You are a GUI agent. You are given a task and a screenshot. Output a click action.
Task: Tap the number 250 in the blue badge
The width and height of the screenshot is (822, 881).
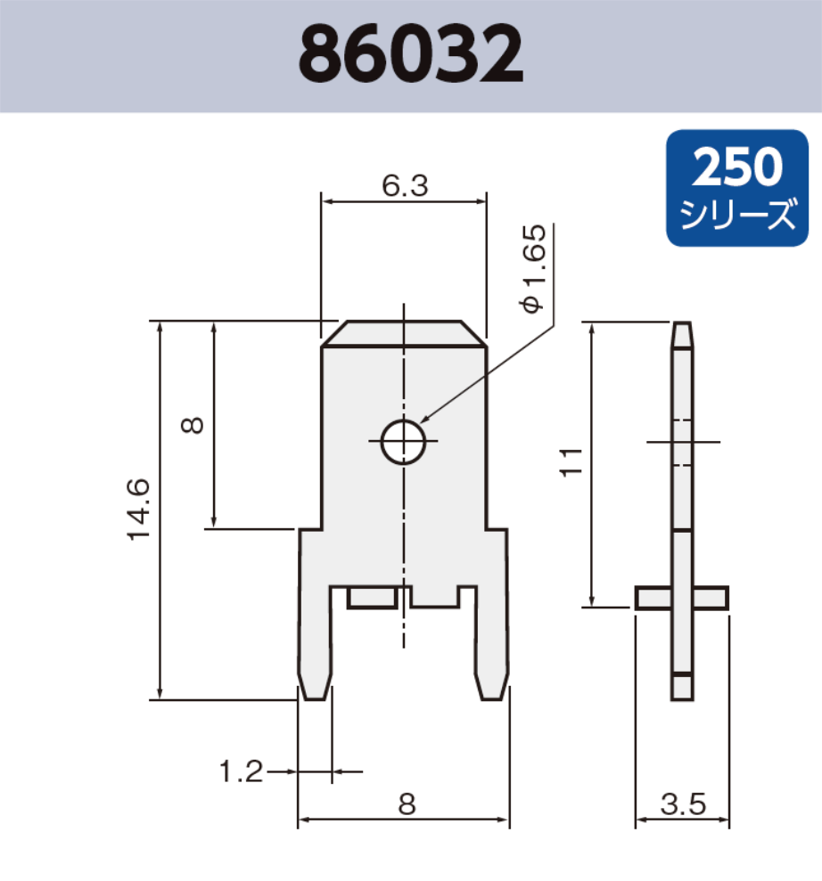coord(737,168)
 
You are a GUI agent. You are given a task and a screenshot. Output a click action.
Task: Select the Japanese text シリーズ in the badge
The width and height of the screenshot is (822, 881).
coord(737,215)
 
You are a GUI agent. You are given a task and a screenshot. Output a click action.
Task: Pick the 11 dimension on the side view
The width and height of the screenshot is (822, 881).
coord(571,461)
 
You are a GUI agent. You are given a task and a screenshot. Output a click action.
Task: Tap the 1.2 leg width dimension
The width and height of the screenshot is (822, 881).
coord(242,771)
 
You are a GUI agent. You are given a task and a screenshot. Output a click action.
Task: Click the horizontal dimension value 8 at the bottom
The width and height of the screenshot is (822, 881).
coord(407,804)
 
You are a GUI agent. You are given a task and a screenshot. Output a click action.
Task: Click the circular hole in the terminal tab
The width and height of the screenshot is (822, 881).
coord(404,441)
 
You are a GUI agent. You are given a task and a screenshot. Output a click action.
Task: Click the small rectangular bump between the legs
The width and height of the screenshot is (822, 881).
coord(372,597)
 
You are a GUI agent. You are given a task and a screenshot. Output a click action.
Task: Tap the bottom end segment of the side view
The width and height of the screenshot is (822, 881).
coord(682,686)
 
